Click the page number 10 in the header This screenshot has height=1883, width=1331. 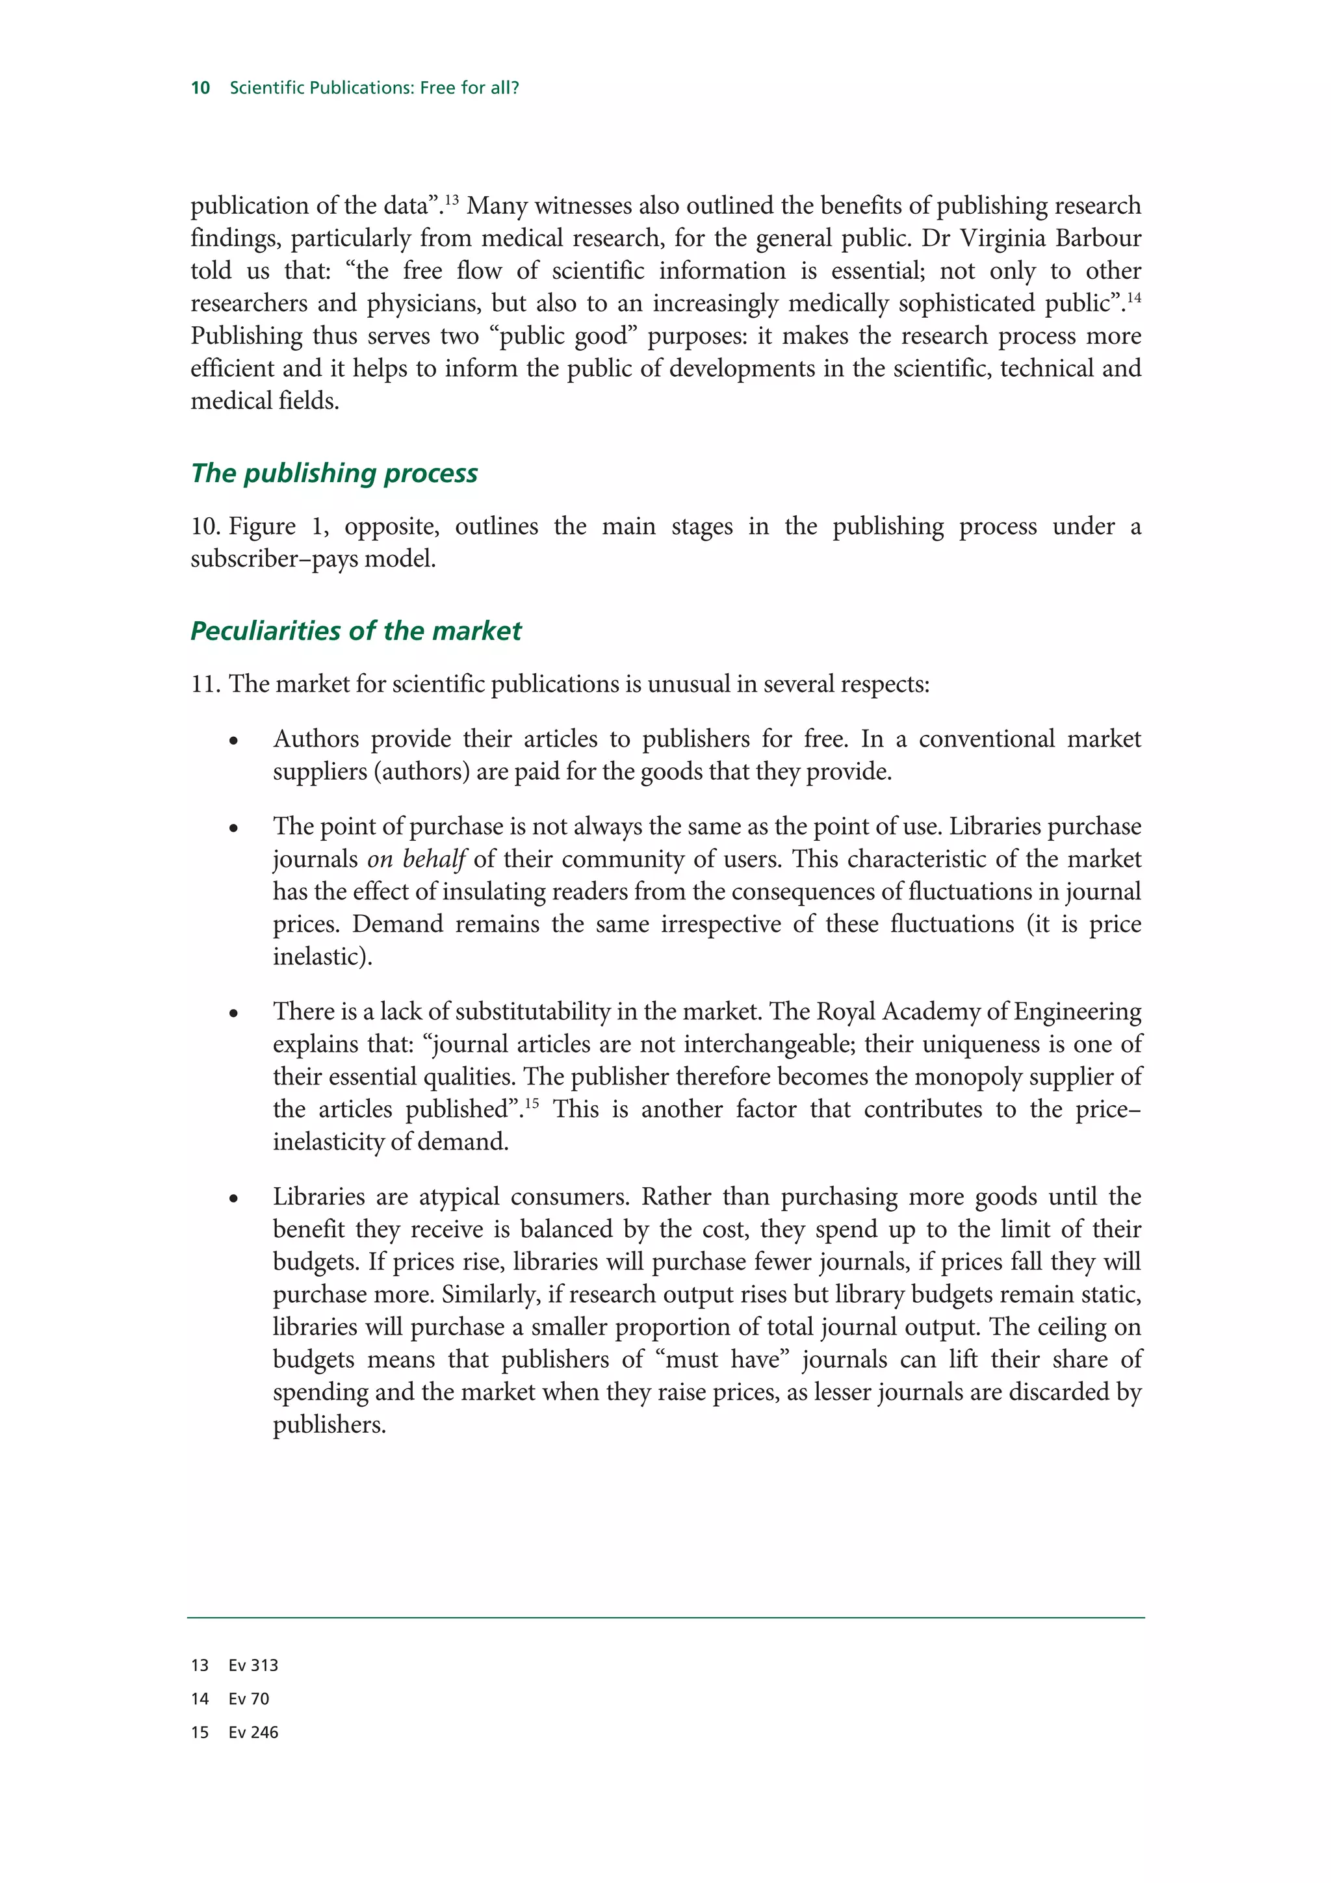(200, 88)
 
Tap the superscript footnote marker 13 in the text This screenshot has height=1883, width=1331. (451, 199)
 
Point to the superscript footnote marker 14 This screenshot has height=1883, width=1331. (1133, 297)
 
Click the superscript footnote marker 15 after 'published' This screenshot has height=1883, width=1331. (532, 1103)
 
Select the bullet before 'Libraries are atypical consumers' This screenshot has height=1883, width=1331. (234, 1199)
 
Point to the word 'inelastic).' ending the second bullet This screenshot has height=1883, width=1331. (322, 957)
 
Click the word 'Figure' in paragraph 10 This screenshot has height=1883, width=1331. (262, 526)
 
